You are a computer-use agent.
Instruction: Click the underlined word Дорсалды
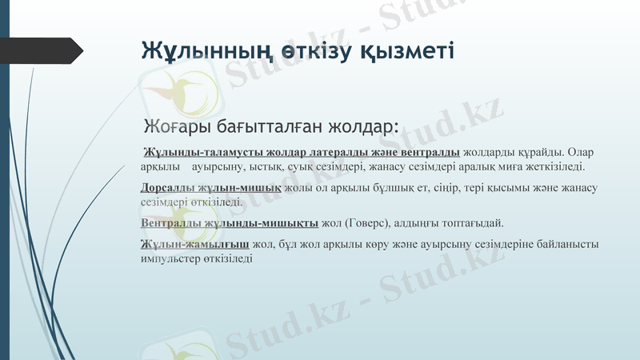pos(164,187)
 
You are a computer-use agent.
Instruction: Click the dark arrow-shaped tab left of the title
pos(48,50)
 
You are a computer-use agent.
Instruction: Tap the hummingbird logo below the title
pos(170,93)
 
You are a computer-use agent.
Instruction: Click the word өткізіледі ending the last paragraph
pos(226,258)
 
